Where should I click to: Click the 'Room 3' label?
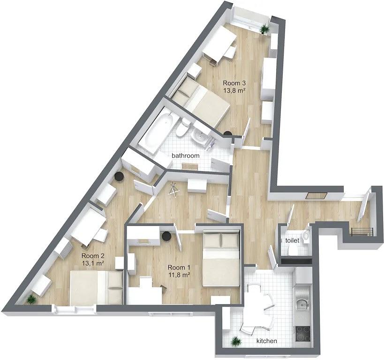[x=234, y=83]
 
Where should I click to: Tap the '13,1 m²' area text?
[x=93, y=263]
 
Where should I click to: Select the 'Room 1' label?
[x=179, y=268]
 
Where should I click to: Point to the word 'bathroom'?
[x=185, y=156]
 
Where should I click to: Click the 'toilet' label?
[x=292, y=240]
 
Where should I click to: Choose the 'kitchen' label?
[x=267, y=341]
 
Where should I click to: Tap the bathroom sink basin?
[x=200, y=135]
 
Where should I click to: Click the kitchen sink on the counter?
[x=302, y=304]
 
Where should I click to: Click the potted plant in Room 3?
[x=264, y=29]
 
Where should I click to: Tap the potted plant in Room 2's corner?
[x=31, y=299]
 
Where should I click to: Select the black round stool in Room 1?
[x=166, y=236]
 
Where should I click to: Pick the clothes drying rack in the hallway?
[x=173, y=188]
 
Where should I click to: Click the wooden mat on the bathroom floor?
[x=190, y=166]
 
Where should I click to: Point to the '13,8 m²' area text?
[x=234, y=90]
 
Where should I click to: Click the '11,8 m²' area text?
[x=180, y=275]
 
